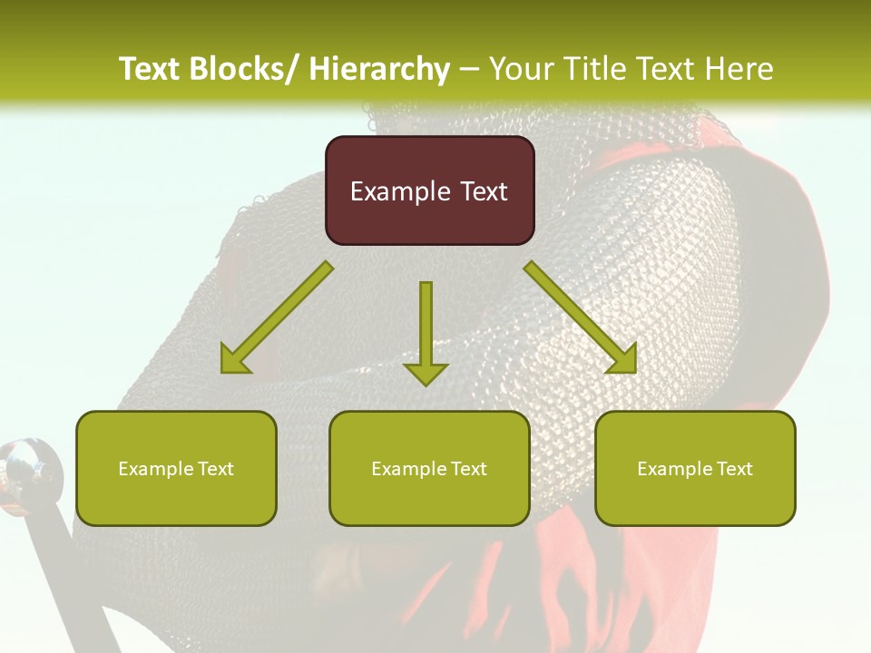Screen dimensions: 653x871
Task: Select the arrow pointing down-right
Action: (x=581, y=318)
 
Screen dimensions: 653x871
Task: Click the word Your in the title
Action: (x=522, y=69)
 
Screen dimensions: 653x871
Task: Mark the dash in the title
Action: (x=469, y=70)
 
